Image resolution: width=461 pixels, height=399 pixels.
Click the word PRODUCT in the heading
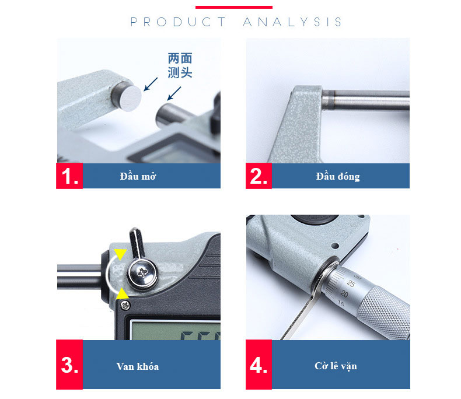(178, 22)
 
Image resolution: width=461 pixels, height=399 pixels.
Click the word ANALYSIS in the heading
(292, 22)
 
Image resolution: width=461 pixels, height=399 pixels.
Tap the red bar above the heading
(234, 7)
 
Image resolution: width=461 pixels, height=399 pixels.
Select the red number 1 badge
(69, 176)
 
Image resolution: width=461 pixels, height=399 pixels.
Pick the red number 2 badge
(259, 176)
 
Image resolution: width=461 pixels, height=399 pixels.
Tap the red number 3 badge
(69, 365)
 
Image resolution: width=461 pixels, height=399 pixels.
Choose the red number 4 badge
(259, 365)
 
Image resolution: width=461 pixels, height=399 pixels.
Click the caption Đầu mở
(138, 176)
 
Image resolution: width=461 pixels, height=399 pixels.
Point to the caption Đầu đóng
(338, 176)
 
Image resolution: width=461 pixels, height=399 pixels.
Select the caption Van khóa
(138, 366)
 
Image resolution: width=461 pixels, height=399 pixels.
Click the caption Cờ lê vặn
(336, 366)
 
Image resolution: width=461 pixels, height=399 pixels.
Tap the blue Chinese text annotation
(180, 65)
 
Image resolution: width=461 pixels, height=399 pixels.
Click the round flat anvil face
(130, 98)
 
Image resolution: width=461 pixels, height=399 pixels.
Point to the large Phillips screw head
(142, 273)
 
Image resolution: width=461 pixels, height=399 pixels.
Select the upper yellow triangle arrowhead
(120, 254)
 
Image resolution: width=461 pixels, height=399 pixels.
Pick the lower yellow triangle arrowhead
(122, 294)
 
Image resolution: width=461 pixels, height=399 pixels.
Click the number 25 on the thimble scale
(351, 283)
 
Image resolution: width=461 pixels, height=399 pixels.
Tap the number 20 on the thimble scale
(344, 293)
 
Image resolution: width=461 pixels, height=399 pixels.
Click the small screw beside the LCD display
(125, 306)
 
